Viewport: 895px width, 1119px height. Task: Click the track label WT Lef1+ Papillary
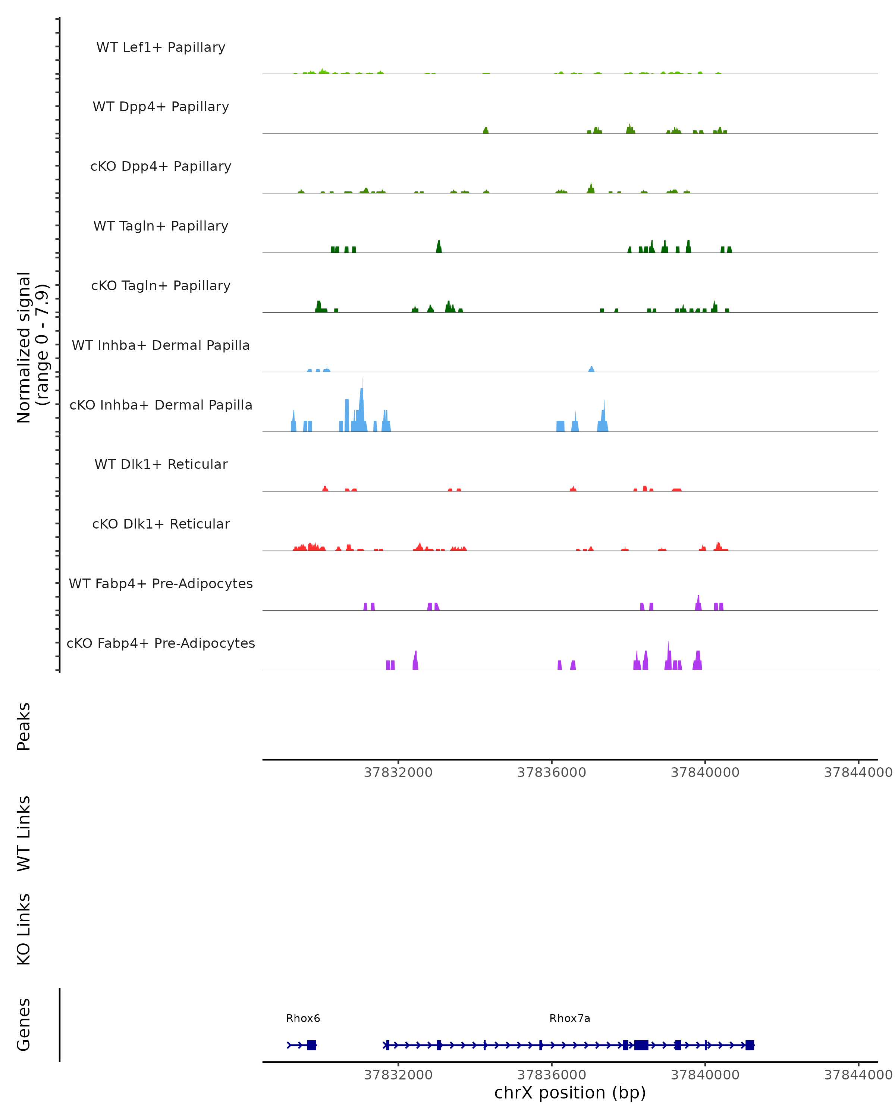click(x=161, y=47)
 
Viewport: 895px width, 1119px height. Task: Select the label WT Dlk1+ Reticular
click(x=161, y=464)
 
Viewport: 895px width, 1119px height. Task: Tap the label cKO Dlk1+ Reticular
click(x=161, y=524)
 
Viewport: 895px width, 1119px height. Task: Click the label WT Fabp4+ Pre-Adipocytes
click(x=161, y=583)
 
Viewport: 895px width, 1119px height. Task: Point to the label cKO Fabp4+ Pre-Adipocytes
click(x=161, y=643)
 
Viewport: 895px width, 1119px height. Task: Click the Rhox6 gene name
click(x=303, y=1018)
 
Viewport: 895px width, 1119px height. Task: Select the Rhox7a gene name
click(x=570, y=1018)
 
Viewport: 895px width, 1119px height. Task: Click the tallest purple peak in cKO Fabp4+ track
click(x=668, y=654)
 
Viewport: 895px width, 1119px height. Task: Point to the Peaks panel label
click(x=24, y=726)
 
